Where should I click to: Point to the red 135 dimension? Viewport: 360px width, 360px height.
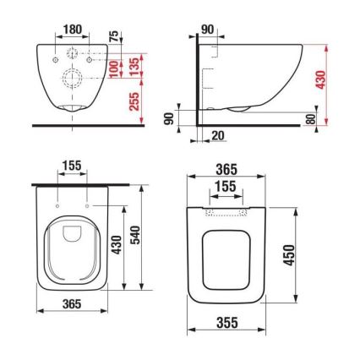tap(134, 66)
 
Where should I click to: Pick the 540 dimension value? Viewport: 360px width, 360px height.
tap(134, 235)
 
